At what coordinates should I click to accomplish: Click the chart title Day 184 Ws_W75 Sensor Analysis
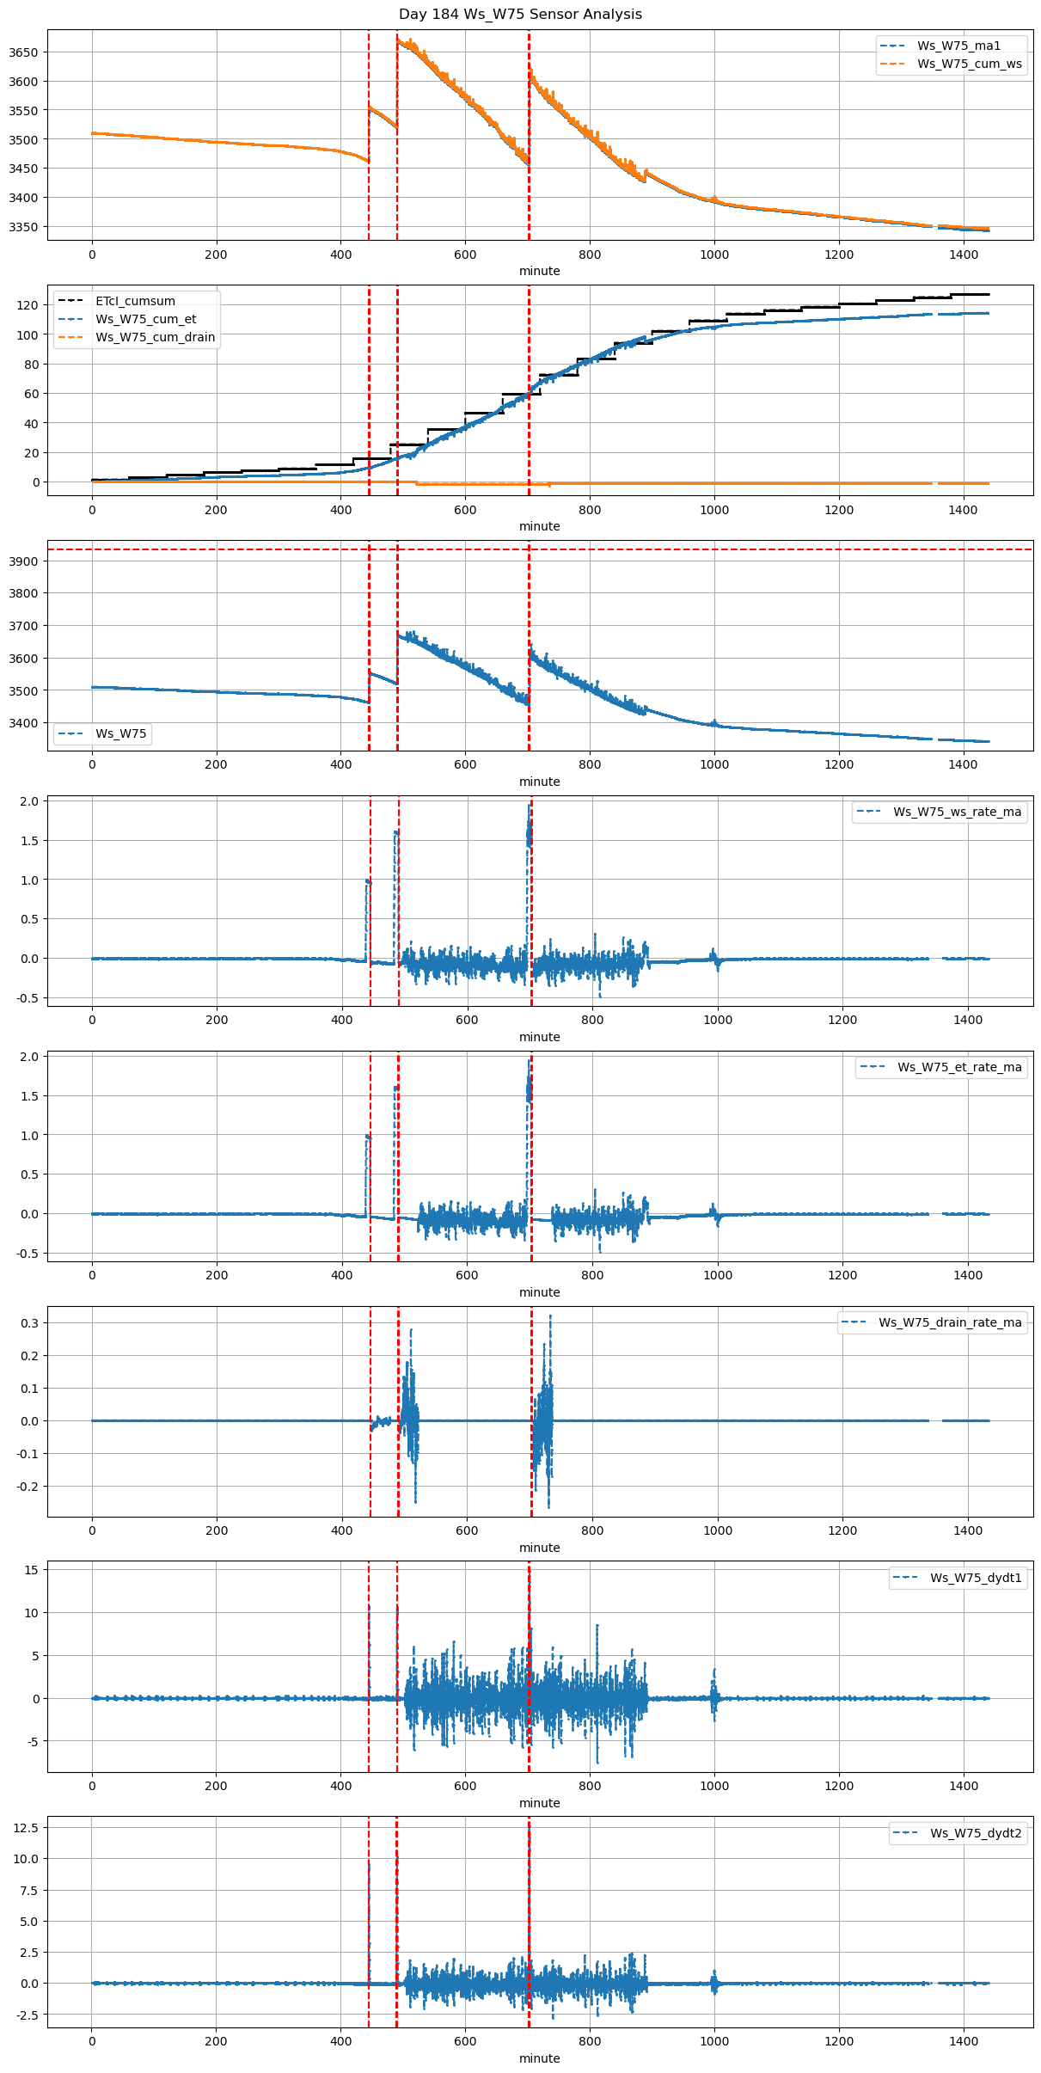point(520,15)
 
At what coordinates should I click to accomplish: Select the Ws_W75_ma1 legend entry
point(958,46)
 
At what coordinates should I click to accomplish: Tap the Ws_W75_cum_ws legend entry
point(969,64)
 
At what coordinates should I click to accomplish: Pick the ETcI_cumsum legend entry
point(135,301)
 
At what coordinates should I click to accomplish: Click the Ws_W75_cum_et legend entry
point(145,319)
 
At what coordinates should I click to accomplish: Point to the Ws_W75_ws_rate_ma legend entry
point(957,812)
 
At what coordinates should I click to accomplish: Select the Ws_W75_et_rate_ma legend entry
point(959,1067)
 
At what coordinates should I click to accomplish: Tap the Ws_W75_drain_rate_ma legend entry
point(950,1322)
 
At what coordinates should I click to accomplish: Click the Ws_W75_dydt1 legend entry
point(976,1578)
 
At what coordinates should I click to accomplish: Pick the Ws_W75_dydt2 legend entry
point(976,1833)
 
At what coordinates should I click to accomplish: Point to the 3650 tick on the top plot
point(23,52)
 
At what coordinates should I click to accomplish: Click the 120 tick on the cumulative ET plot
point(28,305)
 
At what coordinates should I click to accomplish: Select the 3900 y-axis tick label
point(23,561)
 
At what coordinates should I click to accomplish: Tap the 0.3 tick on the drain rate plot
point(30,1323)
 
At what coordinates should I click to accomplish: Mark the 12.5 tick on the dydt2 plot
point(26,1827)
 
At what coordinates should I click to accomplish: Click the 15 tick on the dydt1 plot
point(32,1570)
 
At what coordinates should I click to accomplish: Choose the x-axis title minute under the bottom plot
point(539,2058)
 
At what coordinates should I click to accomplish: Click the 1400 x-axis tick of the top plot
point(964,255)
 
